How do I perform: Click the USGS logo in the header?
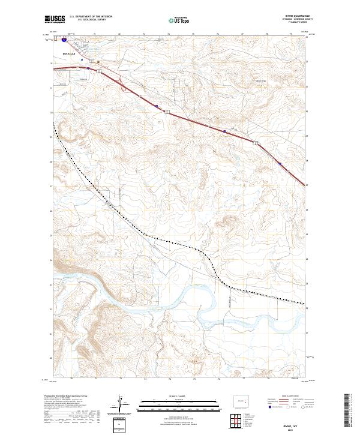[x=55, y=20]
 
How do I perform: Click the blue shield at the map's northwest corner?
[x=64, y=41]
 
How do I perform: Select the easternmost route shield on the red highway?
[x=280, y=162]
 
